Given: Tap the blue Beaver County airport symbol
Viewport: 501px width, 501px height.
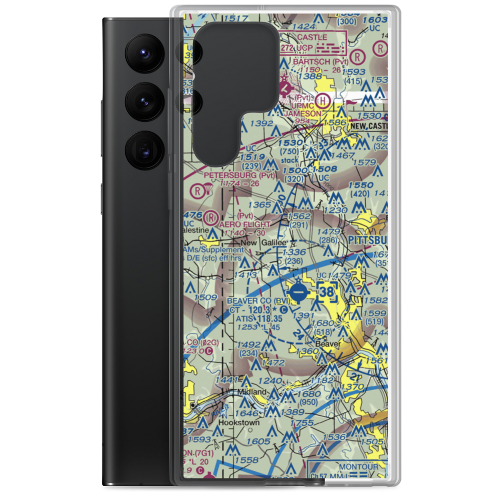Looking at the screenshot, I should [x=297, y=291].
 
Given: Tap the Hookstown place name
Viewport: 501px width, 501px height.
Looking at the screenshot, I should [x=239, y=422].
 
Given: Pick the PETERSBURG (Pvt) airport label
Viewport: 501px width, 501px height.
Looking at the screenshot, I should [x=240, y=175].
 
